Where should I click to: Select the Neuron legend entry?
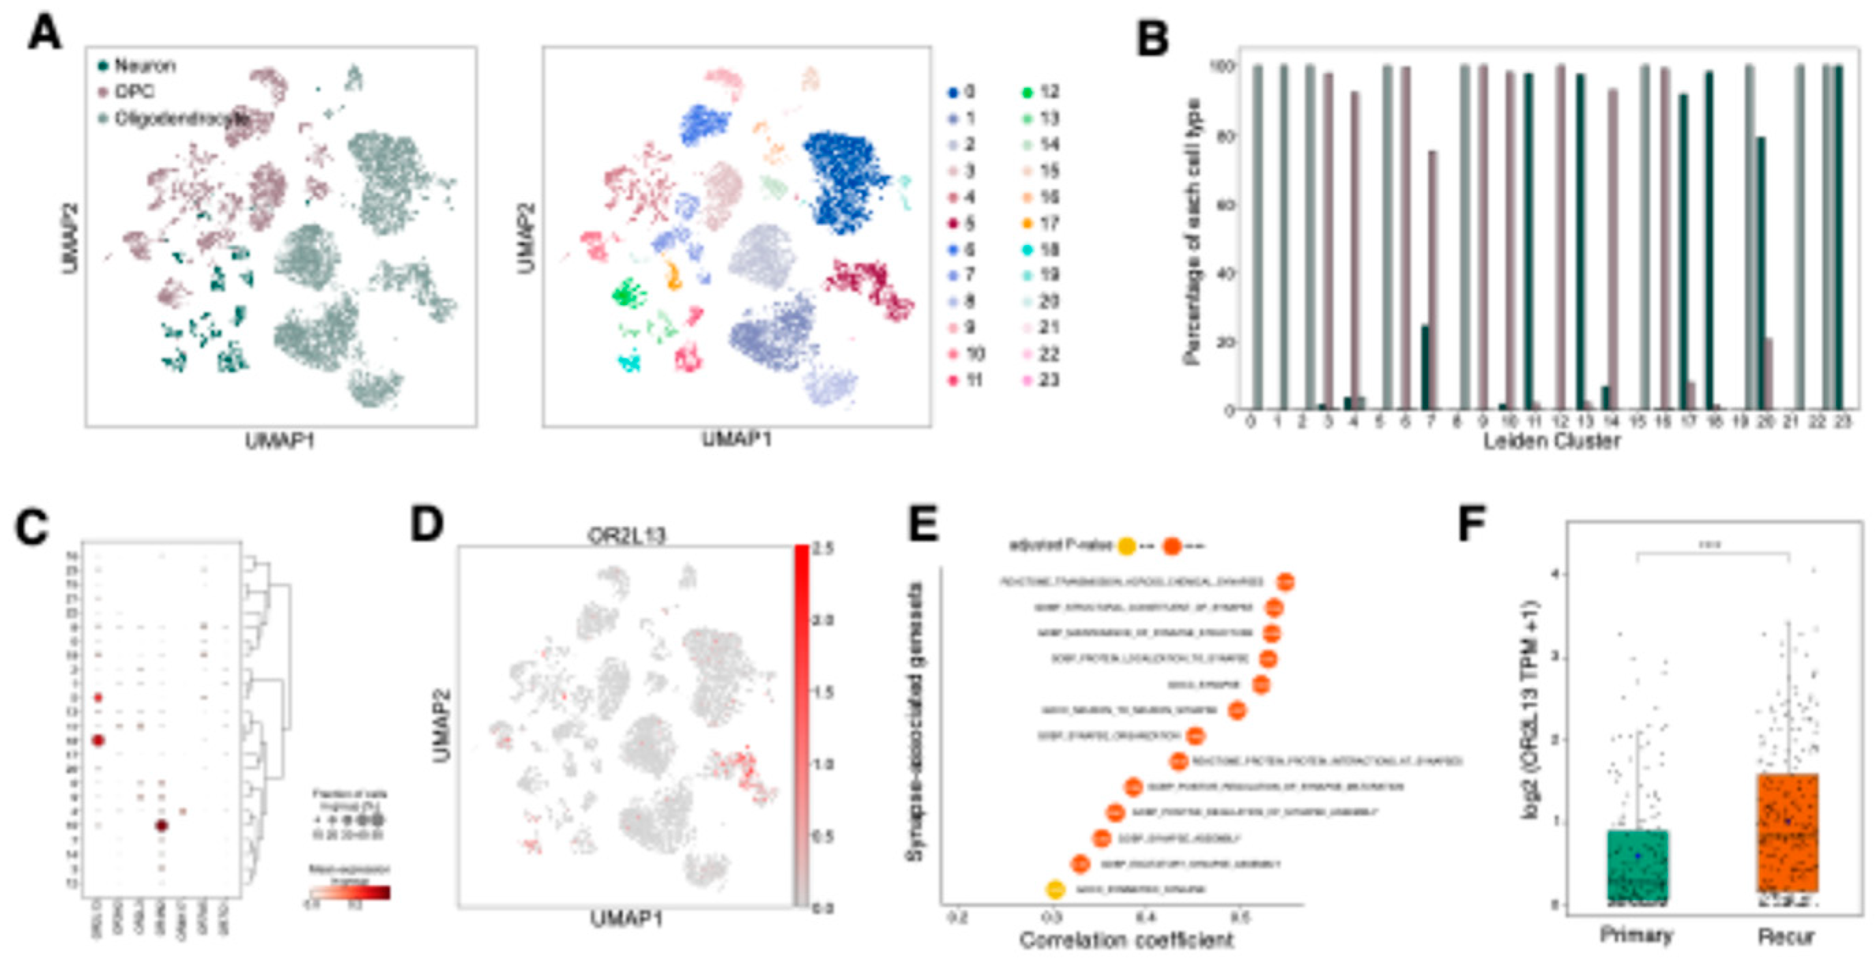[x=143, y=66]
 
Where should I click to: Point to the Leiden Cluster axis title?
[x=1552, y=441]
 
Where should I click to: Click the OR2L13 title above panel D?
[x=626, y=536]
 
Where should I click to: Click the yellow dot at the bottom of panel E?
[x=1056, y=888]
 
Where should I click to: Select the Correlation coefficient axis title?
[x=1125, y=940]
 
